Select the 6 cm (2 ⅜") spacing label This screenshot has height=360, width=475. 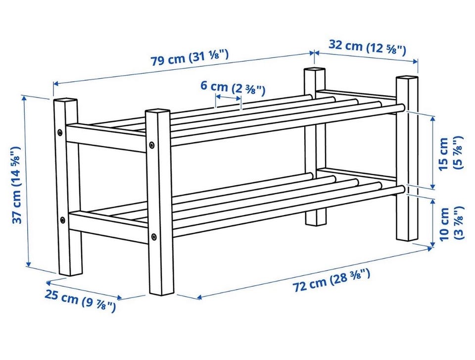(x=233, y=88)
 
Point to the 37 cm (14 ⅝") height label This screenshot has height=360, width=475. (x=17, y=185)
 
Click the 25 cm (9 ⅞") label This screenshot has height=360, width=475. (x=80, y=300)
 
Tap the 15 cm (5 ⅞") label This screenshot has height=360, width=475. (x=450, y=154)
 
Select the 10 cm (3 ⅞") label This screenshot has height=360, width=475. (x=451, y=223)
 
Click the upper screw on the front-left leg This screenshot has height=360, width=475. (x=152, y=145)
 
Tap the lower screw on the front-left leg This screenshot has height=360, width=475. (x=154, y=236)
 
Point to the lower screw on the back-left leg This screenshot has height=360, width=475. (x=62, y=220)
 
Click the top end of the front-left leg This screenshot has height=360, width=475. (x=157, y=111)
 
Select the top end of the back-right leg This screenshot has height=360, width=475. (x=314, y=70)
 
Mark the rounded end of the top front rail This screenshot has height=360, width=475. (x=402, y=108)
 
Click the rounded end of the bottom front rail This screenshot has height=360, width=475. (x=402, y=190)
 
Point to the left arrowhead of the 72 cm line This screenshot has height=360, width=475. (x=199, y=297)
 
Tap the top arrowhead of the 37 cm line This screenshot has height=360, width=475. (x=25, y=98)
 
